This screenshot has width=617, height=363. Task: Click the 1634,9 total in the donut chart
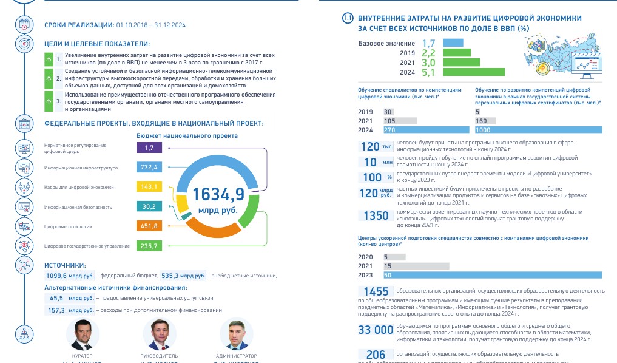218,194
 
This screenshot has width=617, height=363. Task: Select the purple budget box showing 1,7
149,148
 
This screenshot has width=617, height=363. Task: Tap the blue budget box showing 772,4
149,166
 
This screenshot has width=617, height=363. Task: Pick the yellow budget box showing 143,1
149,186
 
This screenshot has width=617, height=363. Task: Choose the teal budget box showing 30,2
149,206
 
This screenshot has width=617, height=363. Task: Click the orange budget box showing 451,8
149,226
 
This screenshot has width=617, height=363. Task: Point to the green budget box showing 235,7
149,246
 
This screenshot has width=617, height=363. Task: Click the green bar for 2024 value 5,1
479,72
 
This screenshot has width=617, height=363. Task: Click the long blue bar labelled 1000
539,130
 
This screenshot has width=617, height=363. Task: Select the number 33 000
376,330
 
